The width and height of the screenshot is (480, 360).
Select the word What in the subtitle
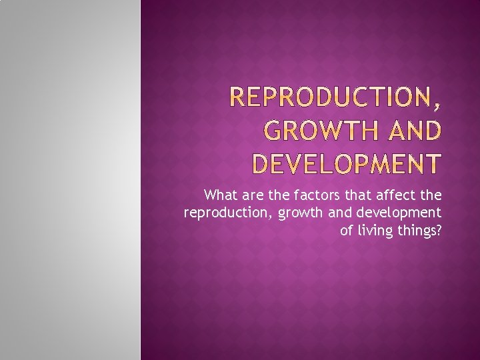pyautogui.click(x=221, y=195)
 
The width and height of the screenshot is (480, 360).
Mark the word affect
pyautogui.click(x=393, y=195)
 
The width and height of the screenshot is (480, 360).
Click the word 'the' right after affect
pyautogui.click(x=429, y=195)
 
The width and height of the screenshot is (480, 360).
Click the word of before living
pyautogui.click(x=347, y=231)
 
